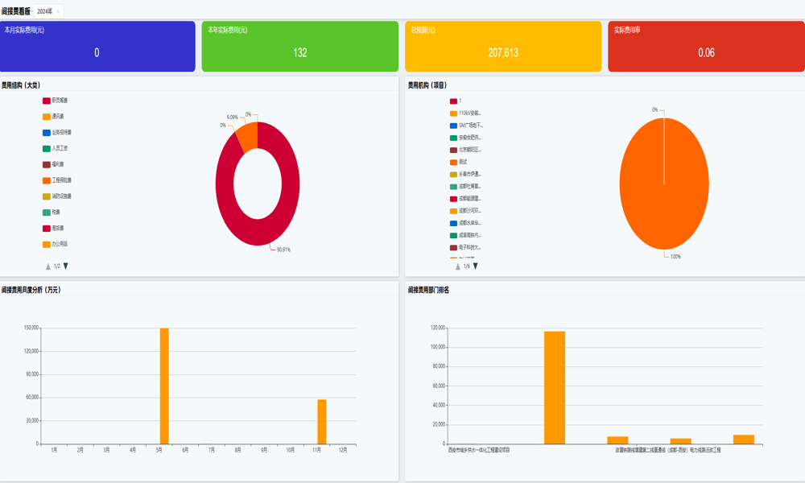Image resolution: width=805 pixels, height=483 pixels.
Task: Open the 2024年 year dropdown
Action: pyautogui.click(x=48, y=11)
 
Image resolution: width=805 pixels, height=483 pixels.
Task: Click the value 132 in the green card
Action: pyautogui.click(x=300, y=53)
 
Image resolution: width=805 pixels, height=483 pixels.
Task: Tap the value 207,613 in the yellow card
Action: pyautogui.click(x=503, y=53)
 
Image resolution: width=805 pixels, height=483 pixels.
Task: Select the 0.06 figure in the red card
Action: pyautogui.click(x=706, y=53)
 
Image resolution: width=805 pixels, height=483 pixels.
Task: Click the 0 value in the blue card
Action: pyautogui.click(x=97, y=53)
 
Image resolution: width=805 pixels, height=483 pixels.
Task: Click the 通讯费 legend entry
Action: pyautogui.click(x=58, y=117)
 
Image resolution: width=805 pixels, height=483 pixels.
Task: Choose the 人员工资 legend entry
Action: pyautogui.click(x=60, y=149)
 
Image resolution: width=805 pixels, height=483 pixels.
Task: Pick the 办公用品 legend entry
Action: pyautogui.click(x=60, y=244)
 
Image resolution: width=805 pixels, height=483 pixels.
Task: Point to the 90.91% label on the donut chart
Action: pyautogui.click(x=283, y=250)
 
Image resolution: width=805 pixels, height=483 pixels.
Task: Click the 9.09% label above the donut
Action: pyautogui.click(x=232, y=118)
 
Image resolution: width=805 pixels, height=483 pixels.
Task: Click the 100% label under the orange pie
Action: pyautogui.click(x=675, y=257)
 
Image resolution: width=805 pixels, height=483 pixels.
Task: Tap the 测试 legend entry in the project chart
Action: pyautogui.click(x=463, y=163)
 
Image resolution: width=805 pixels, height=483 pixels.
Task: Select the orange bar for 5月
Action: pyautogui.click(x=164, y=386)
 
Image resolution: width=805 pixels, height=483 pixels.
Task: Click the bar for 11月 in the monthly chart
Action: pyautogui.click(x=322, y=421)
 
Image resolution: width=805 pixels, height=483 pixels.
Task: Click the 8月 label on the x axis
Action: pyautogui.click(x=237, y=450)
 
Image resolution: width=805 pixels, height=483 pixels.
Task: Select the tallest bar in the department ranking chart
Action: pyautogui.click(x=555, y=387)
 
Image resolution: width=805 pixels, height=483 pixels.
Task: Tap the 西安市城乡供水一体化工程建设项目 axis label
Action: pyautogui.click(x=479, y=450)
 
